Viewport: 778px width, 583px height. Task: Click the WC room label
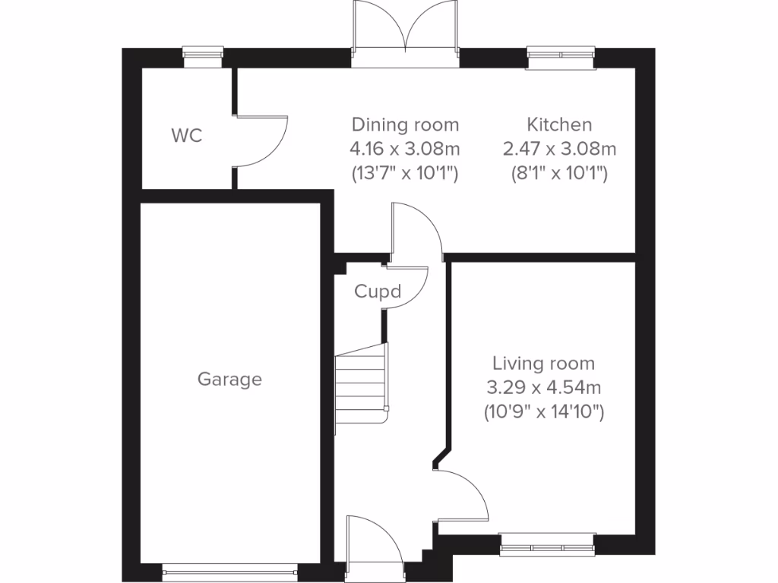(x=187, y=137)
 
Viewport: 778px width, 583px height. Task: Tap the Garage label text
(x=229, y=379)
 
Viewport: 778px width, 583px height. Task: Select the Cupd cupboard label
(x=378, y=291)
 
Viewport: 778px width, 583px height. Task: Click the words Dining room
(x=405, y=124)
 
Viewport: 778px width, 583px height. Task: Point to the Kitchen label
(x=559, y=124)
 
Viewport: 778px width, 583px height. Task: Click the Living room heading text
(x=543, y=364)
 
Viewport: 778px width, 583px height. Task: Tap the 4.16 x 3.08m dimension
(x=405, y=149)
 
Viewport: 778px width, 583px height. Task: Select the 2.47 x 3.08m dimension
(x=559, y=149)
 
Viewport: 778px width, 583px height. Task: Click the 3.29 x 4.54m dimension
(x=543, y=389)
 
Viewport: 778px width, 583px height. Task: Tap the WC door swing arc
(x=266, y=140)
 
